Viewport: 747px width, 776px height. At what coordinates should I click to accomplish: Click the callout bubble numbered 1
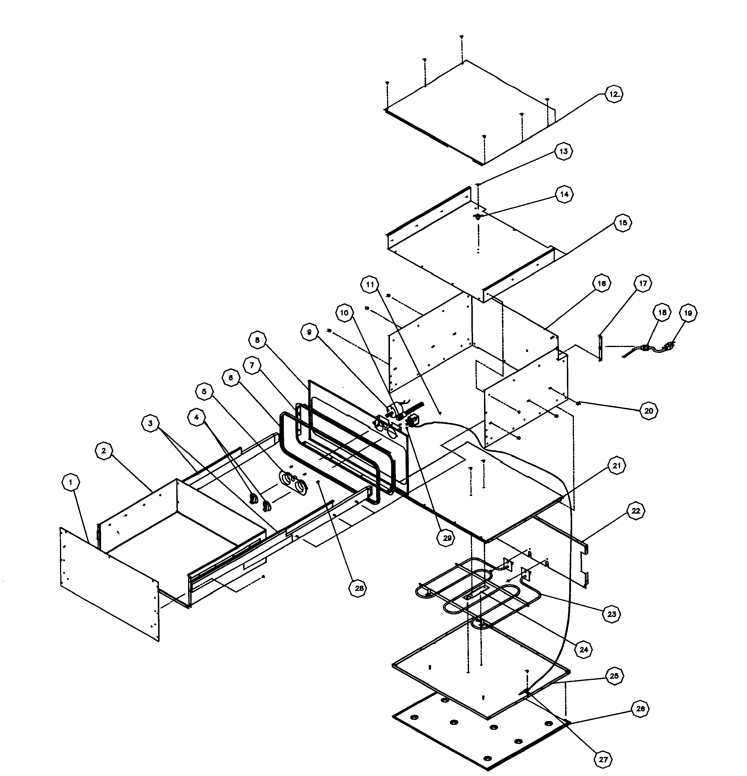click(x=71, y=482)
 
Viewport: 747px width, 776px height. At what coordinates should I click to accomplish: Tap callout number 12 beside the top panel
click(x=613, y=94)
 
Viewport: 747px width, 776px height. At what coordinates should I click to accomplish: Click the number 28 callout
click(x=358, y=588)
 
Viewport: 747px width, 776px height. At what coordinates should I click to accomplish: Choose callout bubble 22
click(x=635, y=511)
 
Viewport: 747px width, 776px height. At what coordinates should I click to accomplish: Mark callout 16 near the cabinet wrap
click(x=601, y=284)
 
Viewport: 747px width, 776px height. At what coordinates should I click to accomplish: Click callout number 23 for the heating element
click(x=612, y=614)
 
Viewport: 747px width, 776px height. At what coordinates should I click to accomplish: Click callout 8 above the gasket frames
click(x=257, y=340)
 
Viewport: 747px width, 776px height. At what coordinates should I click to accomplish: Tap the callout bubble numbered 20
click(x=649, y=411)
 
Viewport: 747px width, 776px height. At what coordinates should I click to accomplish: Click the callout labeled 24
click(x=584, y=650)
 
